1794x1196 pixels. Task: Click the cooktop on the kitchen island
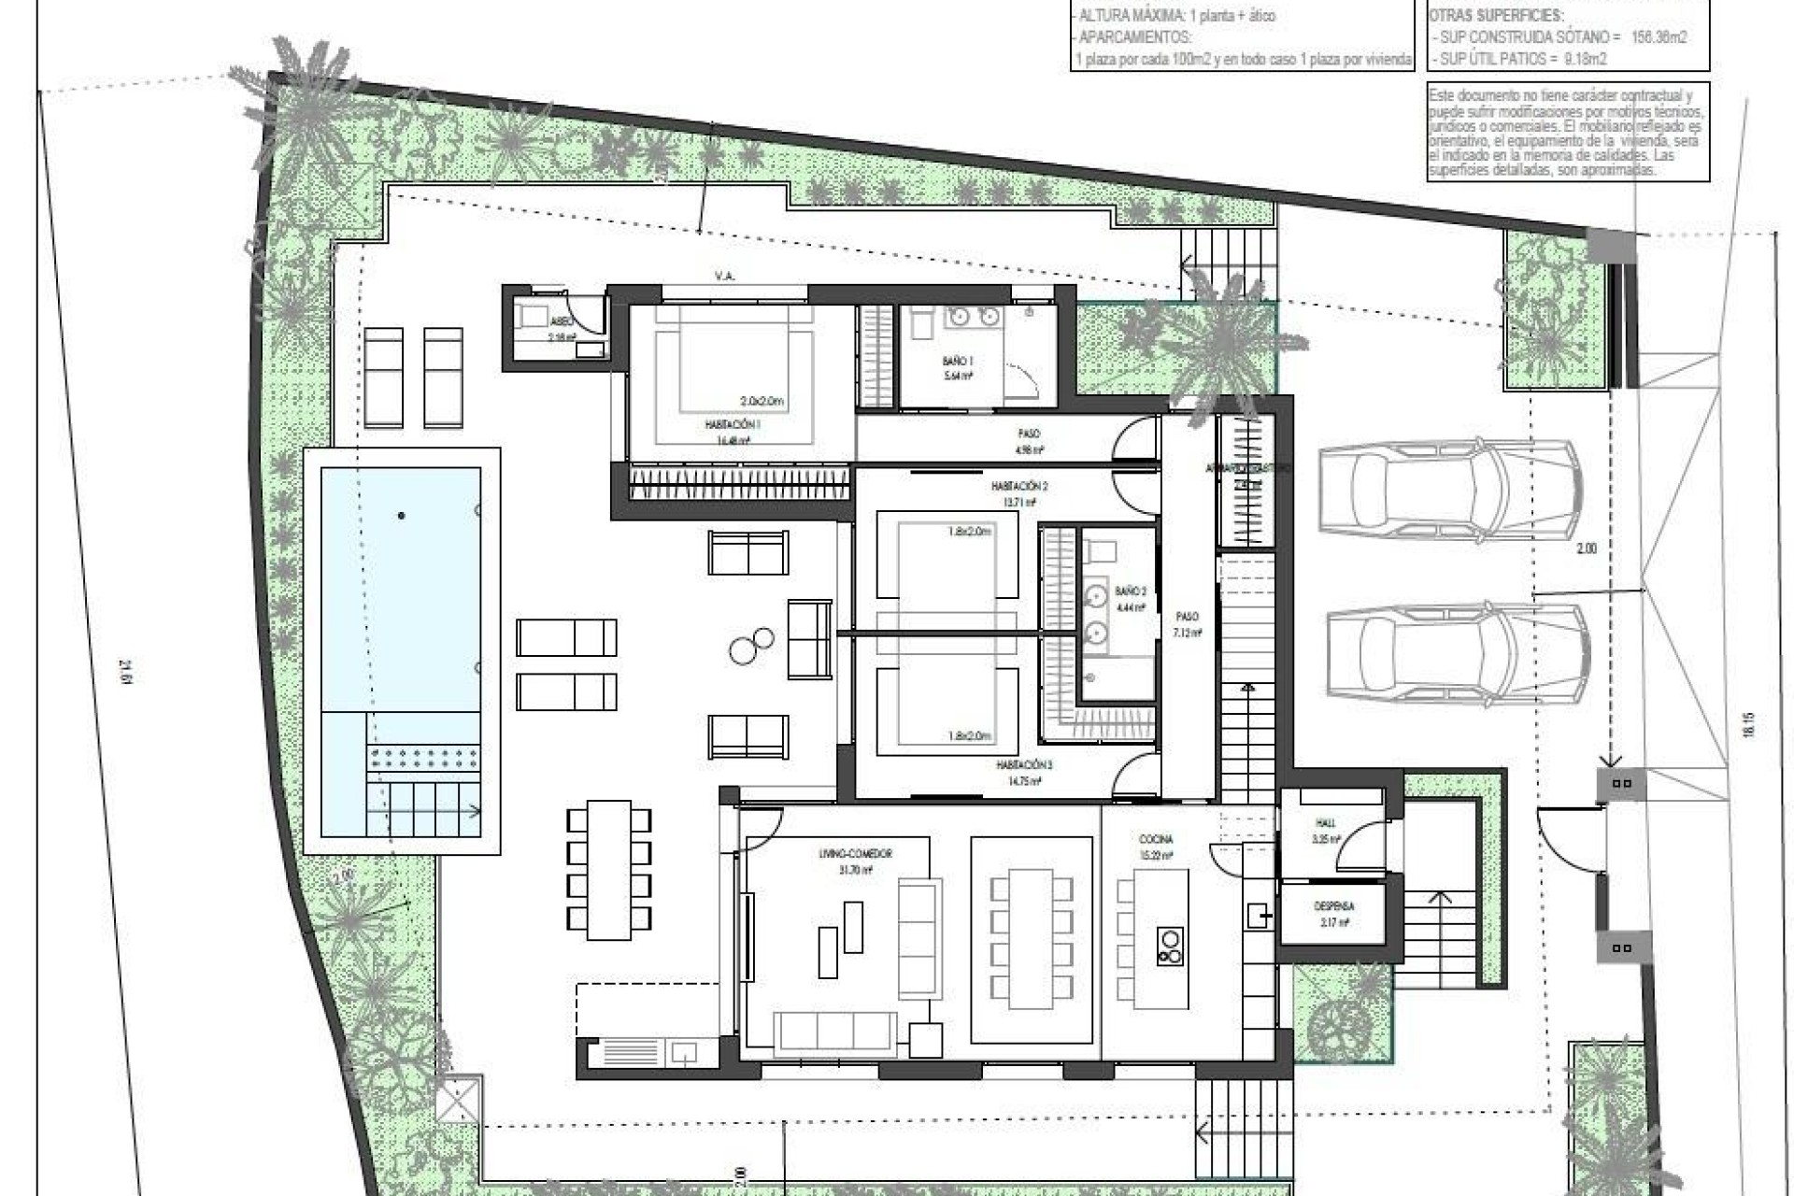tap(1169, 945)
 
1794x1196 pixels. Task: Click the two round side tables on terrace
tap(752, 646)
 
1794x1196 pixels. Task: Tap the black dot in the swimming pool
tap(402, 515)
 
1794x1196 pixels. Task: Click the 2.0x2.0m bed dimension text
tap(762, 401)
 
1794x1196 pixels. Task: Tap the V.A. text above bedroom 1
tap(723, 277)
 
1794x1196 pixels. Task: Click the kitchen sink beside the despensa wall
tap(1256, 914)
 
